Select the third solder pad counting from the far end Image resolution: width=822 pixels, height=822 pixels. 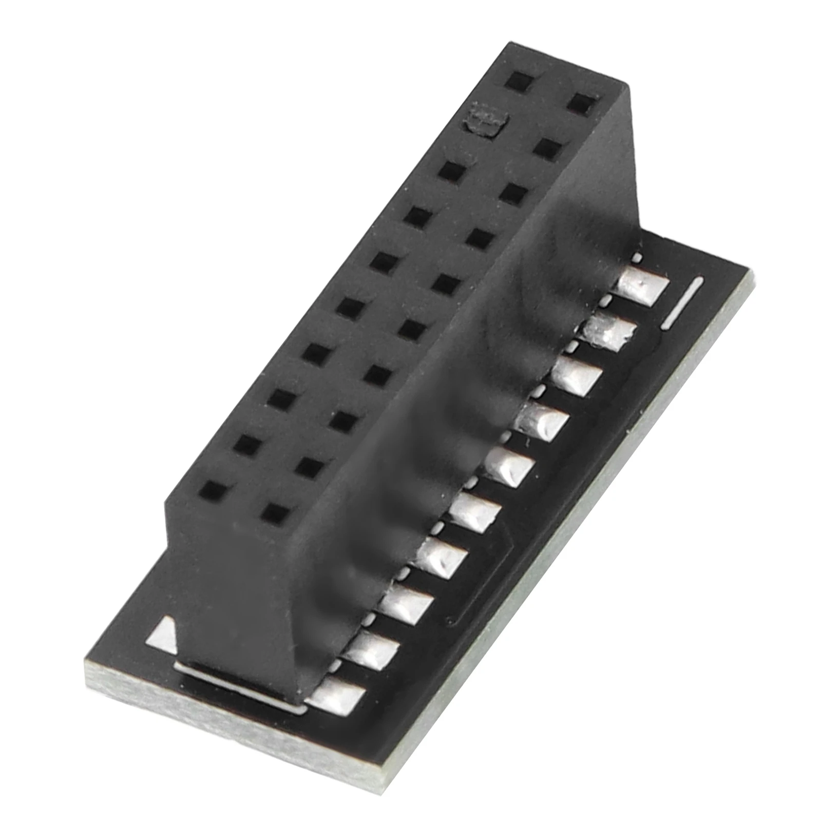pyautogui.click(x=578, y=375)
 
